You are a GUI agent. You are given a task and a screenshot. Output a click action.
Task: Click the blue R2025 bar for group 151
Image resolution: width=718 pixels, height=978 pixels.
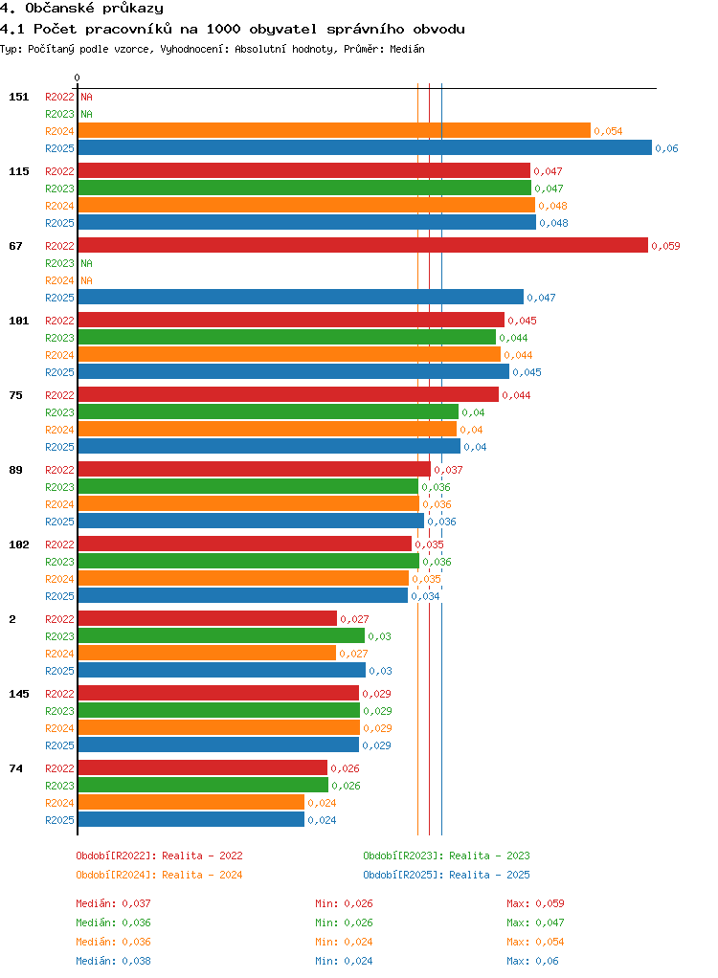(x=365, y=147)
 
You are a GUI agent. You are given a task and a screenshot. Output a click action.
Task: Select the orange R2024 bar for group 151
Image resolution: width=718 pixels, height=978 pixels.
(x=334, y=130)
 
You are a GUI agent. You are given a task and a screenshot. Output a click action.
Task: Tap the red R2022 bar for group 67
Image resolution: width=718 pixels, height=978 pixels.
(x=363, y=245)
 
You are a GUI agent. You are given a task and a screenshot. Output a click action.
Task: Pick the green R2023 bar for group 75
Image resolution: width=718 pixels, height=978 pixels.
(x=268, y=411)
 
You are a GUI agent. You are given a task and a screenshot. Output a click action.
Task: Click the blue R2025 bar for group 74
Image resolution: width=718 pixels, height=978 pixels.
(x=191, y=819)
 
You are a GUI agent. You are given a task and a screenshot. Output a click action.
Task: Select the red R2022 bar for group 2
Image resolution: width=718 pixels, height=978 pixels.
(x=207, y=618)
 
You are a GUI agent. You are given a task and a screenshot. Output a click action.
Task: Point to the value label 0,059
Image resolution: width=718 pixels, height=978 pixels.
(x=665, y=246)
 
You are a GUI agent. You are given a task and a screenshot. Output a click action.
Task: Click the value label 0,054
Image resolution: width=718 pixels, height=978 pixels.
(x=608, y=131)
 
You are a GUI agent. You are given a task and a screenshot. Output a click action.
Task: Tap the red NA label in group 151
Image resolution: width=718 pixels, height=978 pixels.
(x=87, y=97)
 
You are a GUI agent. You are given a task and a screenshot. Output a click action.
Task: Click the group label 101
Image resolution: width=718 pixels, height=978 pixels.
(x=19, y=321)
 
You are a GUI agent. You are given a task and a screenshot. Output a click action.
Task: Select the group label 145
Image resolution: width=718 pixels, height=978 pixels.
(x=19, y=694)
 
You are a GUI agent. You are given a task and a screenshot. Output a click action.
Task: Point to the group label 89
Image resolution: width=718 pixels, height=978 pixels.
(x=15, y=470)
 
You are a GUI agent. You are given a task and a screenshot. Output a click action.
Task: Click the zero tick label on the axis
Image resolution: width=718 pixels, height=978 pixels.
(x=78, y=78)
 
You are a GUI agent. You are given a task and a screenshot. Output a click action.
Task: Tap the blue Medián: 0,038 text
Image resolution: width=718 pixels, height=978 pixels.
(x=114, y=961)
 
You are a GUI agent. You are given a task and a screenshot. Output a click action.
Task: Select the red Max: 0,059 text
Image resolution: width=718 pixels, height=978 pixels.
(x=535, y=903)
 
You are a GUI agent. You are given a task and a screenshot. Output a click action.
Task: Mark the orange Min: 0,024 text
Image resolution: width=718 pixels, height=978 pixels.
(x=344, y=942)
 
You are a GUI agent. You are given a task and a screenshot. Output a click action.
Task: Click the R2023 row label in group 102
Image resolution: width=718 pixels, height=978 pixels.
(x=59, y=562)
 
